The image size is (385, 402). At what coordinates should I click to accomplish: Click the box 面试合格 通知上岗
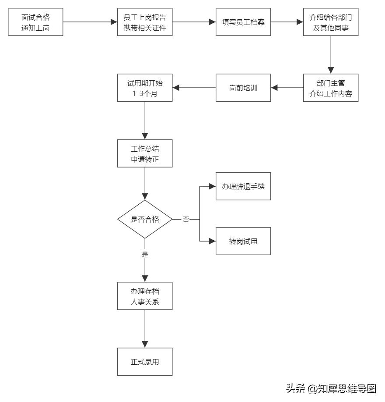tap(35, 22)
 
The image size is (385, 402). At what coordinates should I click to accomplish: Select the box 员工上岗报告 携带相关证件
tap(145, 22)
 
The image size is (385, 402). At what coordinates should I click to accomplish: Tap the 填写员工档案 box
tap(243, 22)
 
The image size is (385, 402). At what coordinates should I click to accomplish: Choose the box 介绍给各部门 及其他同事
tap(331, 22)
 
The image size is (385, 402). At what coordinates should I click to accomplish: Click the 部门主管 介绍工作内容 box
tap(331, 88)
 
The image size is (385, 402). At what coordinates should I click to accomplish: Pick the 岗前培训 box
tap(243, 88)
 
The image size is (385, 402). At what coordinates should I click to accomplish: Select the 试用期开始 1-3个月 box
tap(145, 88)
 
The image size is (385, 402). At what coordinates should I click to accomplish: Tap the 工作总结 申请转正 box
tap(145, 154)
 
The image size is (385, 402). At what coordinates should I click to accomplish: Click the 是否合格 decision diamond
tap(145, 219)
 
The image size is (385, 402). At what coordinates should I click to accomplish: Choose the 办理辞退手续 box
tap(243, 186)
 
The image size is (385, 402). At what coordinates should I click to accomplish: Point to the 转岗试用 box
tap(243, 241)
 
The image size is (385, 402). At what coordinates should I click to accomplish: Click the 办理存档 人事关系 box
tap(145, 296)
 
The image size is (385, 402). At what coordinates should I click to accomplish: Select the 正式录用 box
tap(145, 362)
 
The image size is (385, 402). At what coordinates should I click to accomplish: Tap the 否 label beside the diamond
tap(186, 219)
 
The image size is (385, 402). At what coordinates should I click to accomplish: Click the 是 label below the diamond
tap(145, 254)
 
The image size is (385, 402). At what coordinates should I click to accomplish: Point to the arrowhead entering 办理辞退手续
tap(213, 186)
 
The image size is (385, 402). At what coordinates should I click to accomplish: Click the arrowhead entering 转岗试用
tap(213, 241)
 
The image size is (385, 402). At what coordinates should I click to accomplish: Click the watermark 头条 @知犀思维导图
tap(331, 388)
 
